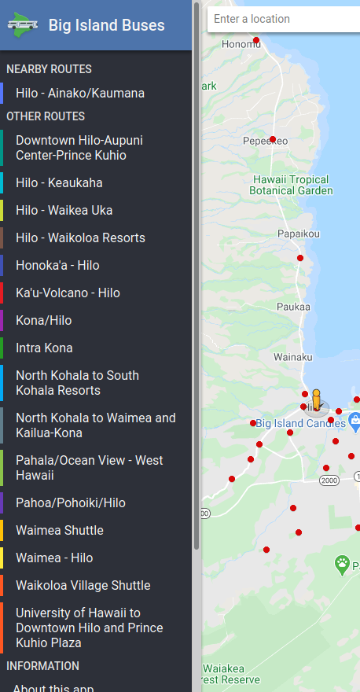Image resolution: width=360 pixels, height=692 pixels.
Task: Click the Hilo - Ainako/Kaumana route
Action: click(x=80, y=94)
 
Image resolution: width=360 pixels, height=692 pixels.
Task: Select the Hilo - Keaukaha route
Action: click(x=59, y=183)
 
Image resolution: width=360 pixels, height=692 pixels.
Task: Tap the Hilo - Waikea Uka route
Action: click(x=64, y=211)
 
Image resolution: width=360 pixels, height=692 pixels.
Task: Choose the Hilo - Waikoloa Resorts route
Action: click(x=80, y=238)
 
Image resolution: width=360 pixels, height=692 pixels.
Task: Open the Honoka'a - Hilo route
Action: click(x=57, y=266)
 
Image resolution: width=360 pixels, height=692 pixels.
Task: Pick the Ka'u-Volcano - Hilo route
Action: click(x=68, y=293)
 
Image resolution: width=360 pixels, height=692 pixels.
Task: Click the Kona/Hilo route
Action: click(x=43, y=321)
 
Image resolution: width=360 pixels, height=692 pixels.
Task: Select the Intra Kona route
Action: click(x=44, y=348)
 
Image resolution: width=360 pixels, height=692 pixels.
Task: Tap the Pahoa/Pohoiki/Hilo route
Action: click(x=71, y=503)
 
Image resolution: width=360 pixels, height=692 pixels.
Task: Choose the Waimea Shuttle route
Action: click(x=60, y=531)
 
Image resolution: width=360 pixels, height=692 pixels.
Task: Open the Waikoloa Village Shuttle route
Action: click(x=83, y=586)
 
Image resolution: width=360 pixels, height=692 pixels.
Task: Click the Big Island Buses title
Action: click(x=107, y=26)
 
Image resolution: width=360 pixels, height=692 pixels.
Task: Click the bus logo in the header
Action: click(x=23, y=24)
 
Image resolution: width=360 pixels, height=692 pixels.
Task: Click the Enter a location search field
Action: click(x=283, y=19)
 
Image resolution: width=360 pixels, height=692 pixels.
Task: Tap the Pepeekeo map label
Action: click(x=265, y=141)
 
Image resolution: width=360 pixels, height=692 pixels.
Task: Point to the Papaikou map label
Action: click(x=299, y=234)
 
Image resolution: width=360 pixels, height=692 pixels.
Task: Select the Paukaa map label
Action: click(x=293, y=307)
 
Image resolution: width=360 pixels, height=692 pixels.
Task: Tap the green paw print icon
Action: click(x=342, y=563)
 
